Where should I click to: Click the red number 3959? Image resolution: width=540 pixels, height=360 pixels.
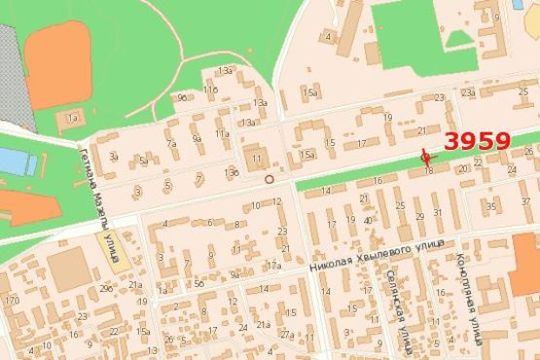(x=477, y=140)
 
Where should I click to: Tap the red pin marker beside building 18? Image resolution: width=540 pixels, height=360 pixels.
(x=424, y=158)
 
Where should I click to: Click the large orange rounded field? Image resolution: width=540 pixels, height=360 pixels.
(x=59, y=63)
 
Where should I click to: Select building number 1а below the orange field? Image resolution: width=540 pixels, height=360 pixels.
(x=71, y=119)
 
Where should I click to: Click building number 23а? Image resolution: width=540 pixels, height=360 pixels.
(x=468, y=92)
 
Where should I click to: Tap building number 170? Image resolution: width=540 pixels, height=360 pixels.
(x=12, y=301)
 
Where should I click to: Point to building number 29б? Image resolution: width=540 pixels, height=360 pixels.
(x=105, y=289)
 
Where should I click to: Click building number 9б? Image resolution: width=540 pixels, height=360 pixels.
(x=181, y=97)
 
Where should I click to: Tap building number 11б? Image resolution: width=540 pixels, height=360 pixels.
(x=210, y=90)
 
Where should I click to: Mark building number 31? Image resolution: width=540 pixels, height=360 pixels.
(x=439, y=212)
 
